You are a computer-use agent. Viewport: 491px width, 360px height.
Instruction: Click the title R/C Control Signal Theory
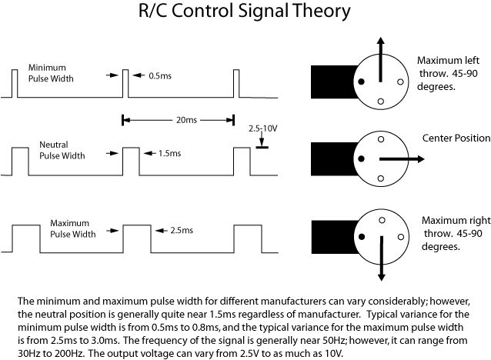point(245,13)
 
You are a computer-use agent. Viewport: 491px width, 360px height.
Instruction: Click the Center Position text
point(456,138)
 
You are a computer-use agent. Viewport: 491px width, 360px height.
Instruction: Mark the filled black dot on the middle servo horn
point(359,158)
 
